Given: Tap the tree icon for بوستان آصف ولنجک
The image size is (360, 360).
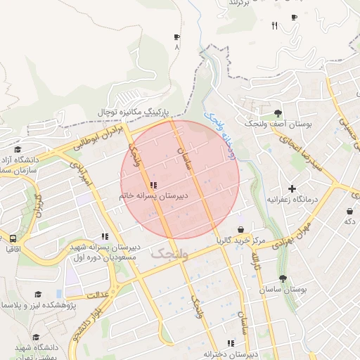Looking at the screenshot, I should point(278,112).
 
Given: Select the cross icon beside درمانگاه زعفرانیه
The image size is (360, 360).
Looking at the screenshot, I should point(292,188).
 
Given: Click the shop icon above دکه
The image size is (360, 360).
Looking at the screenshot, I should point(349,211).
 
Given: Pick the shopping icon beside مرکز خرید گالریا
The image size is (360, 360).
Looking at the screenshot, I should point(240,229).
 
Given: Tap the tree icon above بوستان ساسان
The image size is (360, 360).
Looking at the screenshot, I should point(283,278).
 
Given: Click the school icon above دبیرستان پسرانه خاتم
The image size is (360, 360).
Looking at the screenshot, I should point(153,185).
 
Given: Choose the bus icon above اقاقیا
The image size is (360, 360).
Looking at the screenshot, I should point(13,238).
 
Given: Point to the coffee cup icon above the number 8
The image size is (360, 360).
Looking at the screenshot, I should point(176,37).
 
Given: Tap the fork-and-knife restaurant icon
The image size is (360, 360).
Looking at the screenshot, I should point(274,26).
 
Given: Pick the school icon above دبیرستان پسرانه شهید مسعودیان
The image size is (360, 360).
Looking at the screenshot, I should point(105,237).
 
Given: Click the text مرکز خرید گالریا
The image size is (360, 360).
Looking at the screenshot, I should point(240,240).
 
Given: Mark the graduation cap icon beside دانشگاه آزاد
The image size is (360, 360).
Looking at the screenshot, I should point(18,149).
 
